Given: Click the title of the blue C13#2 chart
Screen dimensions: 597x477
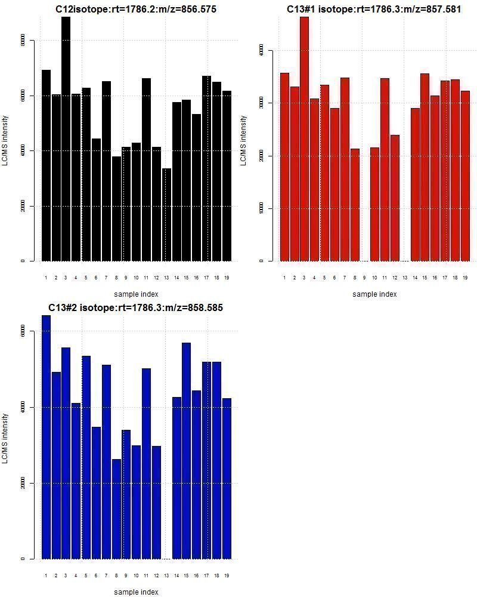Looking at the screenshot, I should point(136,307).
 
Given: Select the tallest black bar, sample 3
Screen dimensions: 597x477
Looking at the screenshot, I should point(66,137).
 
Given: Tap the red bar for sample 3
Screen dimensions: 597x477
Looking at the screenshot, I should point(304,137).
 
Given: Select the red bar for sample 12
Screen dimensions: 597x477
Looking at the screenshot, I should point(395,198).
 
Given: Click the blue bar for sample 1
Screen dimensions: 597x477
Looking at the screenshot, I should point(46,436).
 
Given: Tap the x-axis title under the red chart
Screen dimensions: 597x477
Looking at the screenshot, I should point(374,294).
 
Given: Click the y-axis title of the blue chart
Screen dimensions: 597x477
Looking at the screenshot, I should point(5,438).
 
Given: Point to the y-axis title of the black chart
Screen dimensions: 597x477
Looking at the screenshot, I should point(5,140).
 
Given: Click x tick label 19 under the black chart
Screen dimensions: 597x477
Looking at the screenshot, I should point(227,278).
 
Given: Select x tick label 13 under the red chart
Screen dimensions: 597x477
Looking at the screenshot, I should point(405,278).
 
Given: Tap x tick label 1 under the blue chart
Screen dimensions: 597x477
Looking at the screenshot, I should point(46,576).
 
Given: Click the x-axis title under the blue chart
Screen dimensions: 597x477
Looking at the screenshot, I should point(136,592).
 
